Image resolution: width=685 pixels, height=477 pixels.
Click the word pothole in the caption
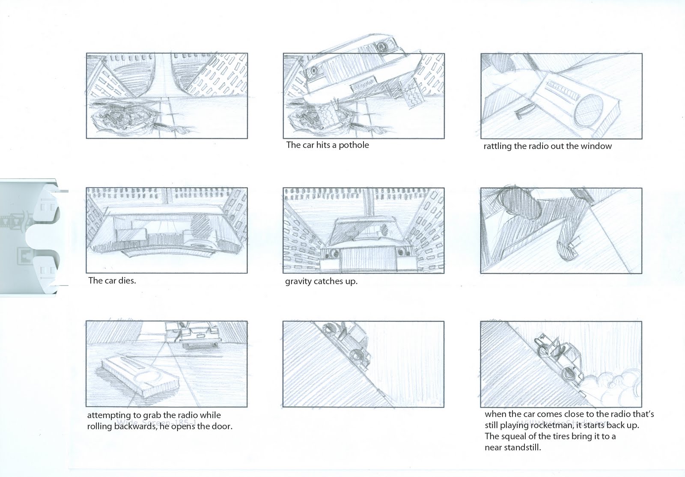pyautogui.click(x=353, y=145)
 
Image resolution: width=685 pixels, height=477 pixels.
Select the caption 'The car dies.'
pyautogui.click(x=112, y=281)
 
